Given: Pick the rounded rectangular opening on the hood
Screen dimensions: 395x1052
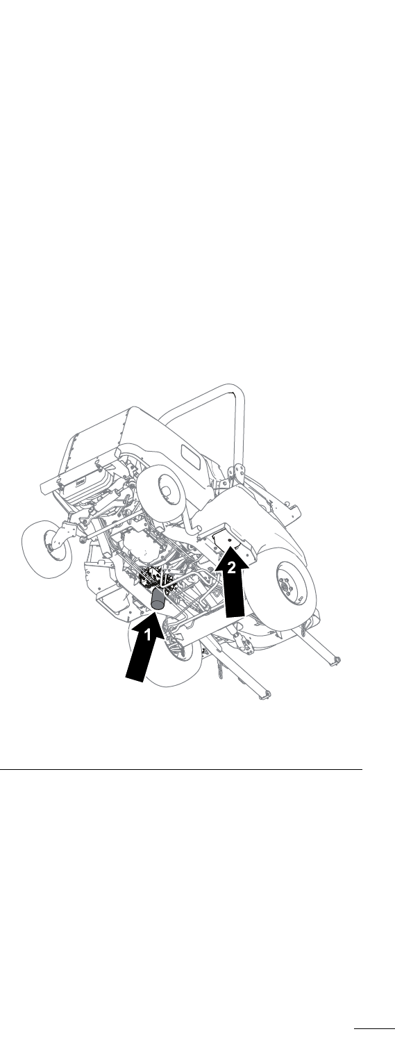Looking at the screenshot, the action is tap(192, 454).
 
